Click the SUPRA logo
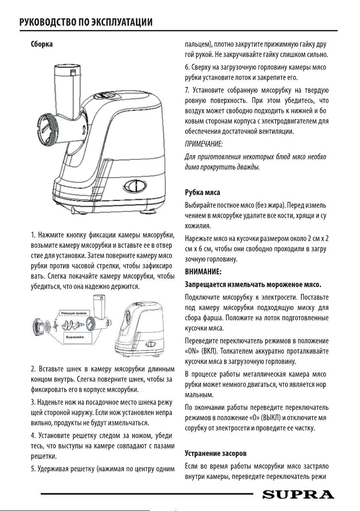298,495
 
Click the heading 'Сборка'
41,44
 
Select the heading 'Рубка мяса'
202,192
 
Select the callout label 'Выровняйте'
74,338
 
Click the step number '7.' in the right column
187,90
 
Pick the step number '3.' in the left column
33,403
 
